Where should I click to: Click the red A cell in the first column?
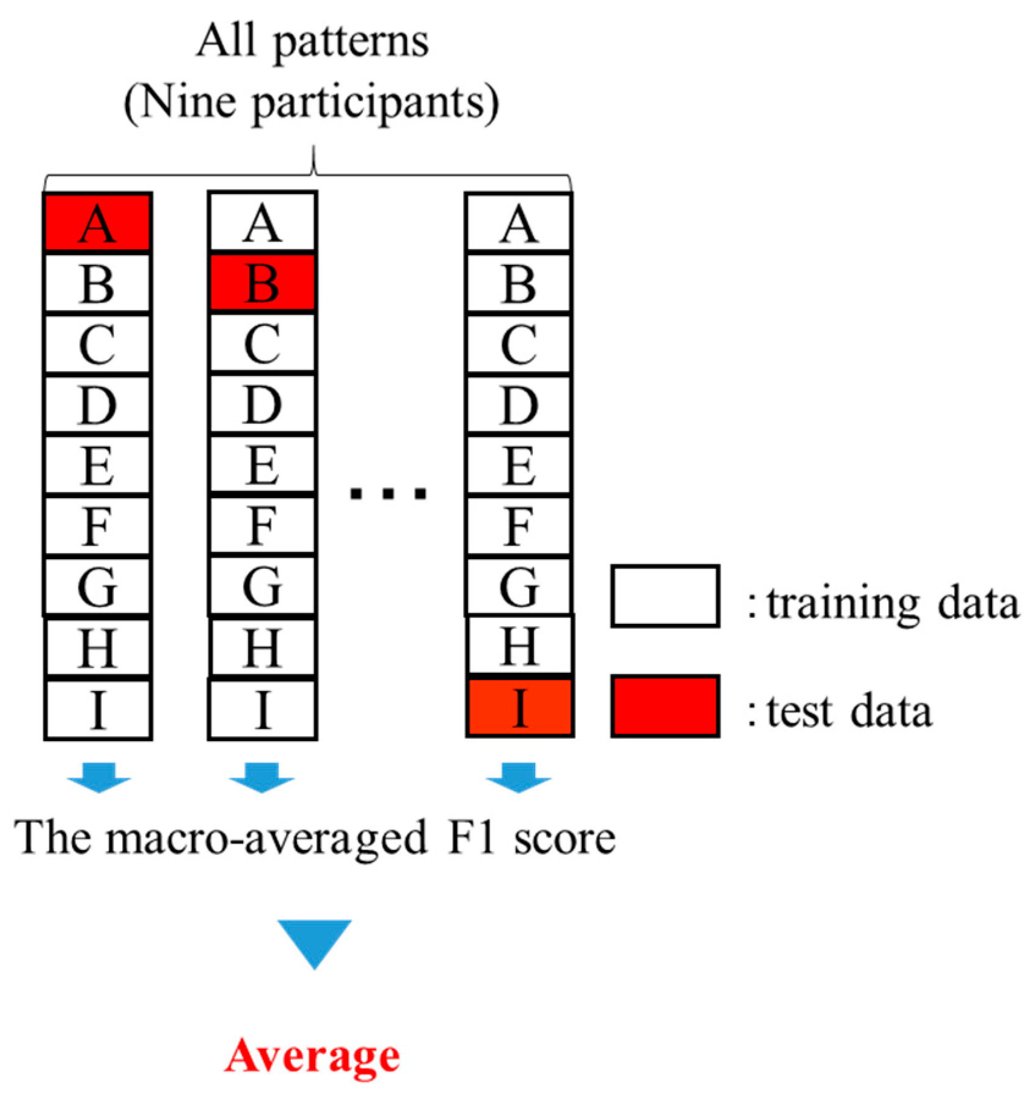(98, 222)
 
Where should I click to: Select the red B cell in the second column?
(262, 283)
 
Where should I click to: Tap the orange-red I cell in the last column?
(519, 708)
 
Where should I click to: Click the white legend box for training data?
(665, 596)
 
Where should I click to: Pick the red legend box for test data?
(665, 706)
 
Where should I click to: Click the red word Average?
(312, 1057)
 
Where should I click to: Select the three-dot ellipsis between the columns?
(388, 493)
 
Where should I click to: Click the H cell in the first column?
(98, 648)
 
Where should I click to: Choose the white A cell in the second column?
(262, 222)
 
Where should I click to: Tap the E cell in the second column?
(262, 465)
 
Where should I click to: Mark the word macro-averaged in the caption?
(266, 839)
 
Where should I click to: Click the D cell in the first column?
(98, 405)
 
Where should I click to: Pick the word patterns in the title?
(351, 43)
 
